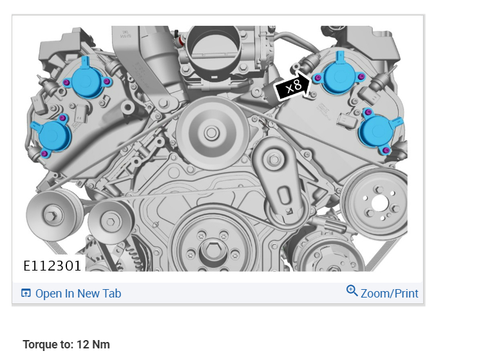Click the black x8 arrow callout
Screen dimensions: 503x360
[292, 86]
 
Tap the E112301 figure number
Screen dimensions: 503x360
[52, 266]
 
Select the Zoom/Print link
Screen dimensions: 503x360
[390, 293]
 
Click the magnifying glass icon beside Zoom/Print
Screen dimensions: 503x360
[352, 290]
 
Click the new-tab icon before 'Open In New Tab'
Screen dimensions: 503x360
[26, 293]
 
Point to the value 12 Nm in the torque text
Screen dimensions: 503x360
[93, 345]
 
